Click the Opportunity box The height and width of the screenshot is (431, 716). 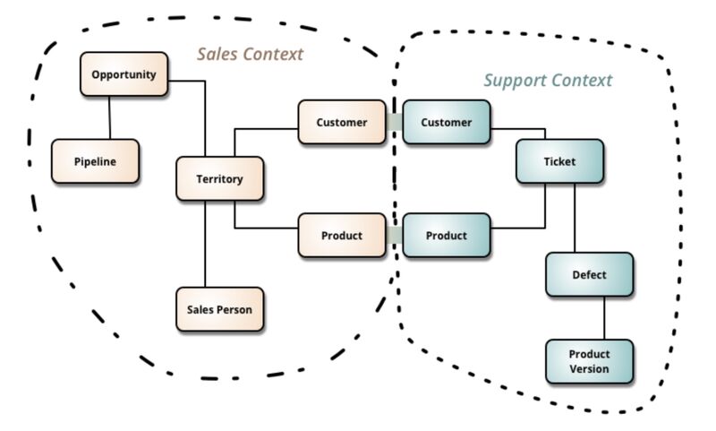[124, 74]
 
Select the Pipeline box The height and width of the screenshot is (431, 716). [95, 161]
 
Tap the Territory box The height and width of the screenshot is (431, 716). [219, 178]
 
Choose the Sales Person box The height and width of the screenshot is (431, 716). [219, 309]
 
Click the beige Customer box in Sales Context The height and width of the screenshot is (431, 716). [342, 122]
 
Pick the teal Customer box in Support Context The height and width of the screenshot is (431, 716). [446, 122]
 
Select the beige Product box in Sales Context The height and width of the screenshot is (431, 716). [342, 236]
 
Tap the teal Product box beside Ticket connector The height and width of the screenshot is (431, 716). [446, 236]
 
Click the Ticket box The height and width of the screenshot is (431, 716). [560, 161]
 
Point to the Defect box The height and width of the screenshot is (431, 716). [590, 275]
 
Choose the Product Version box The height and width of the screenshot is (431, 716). [590, 361]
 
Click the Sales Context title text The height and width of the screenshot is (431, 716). [251, 54]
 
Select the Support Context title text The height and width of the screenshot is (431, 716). [548, 81]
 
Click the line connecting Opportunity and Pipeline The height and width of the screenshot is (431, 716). [109, 118]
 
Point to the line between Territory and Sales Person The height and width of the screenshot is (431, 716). [205, 244]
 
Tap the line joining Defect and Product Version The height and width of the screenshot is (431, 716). [605, 318]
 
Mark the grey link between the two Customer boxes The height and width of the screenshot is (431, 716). [395, 122]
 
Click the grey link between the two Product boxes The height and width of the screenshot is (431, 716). [395, 236]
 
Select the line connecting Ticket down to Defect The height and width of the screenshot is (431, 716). [575, 218]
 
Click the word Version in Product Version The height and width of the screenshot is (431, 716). [589, 369]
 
